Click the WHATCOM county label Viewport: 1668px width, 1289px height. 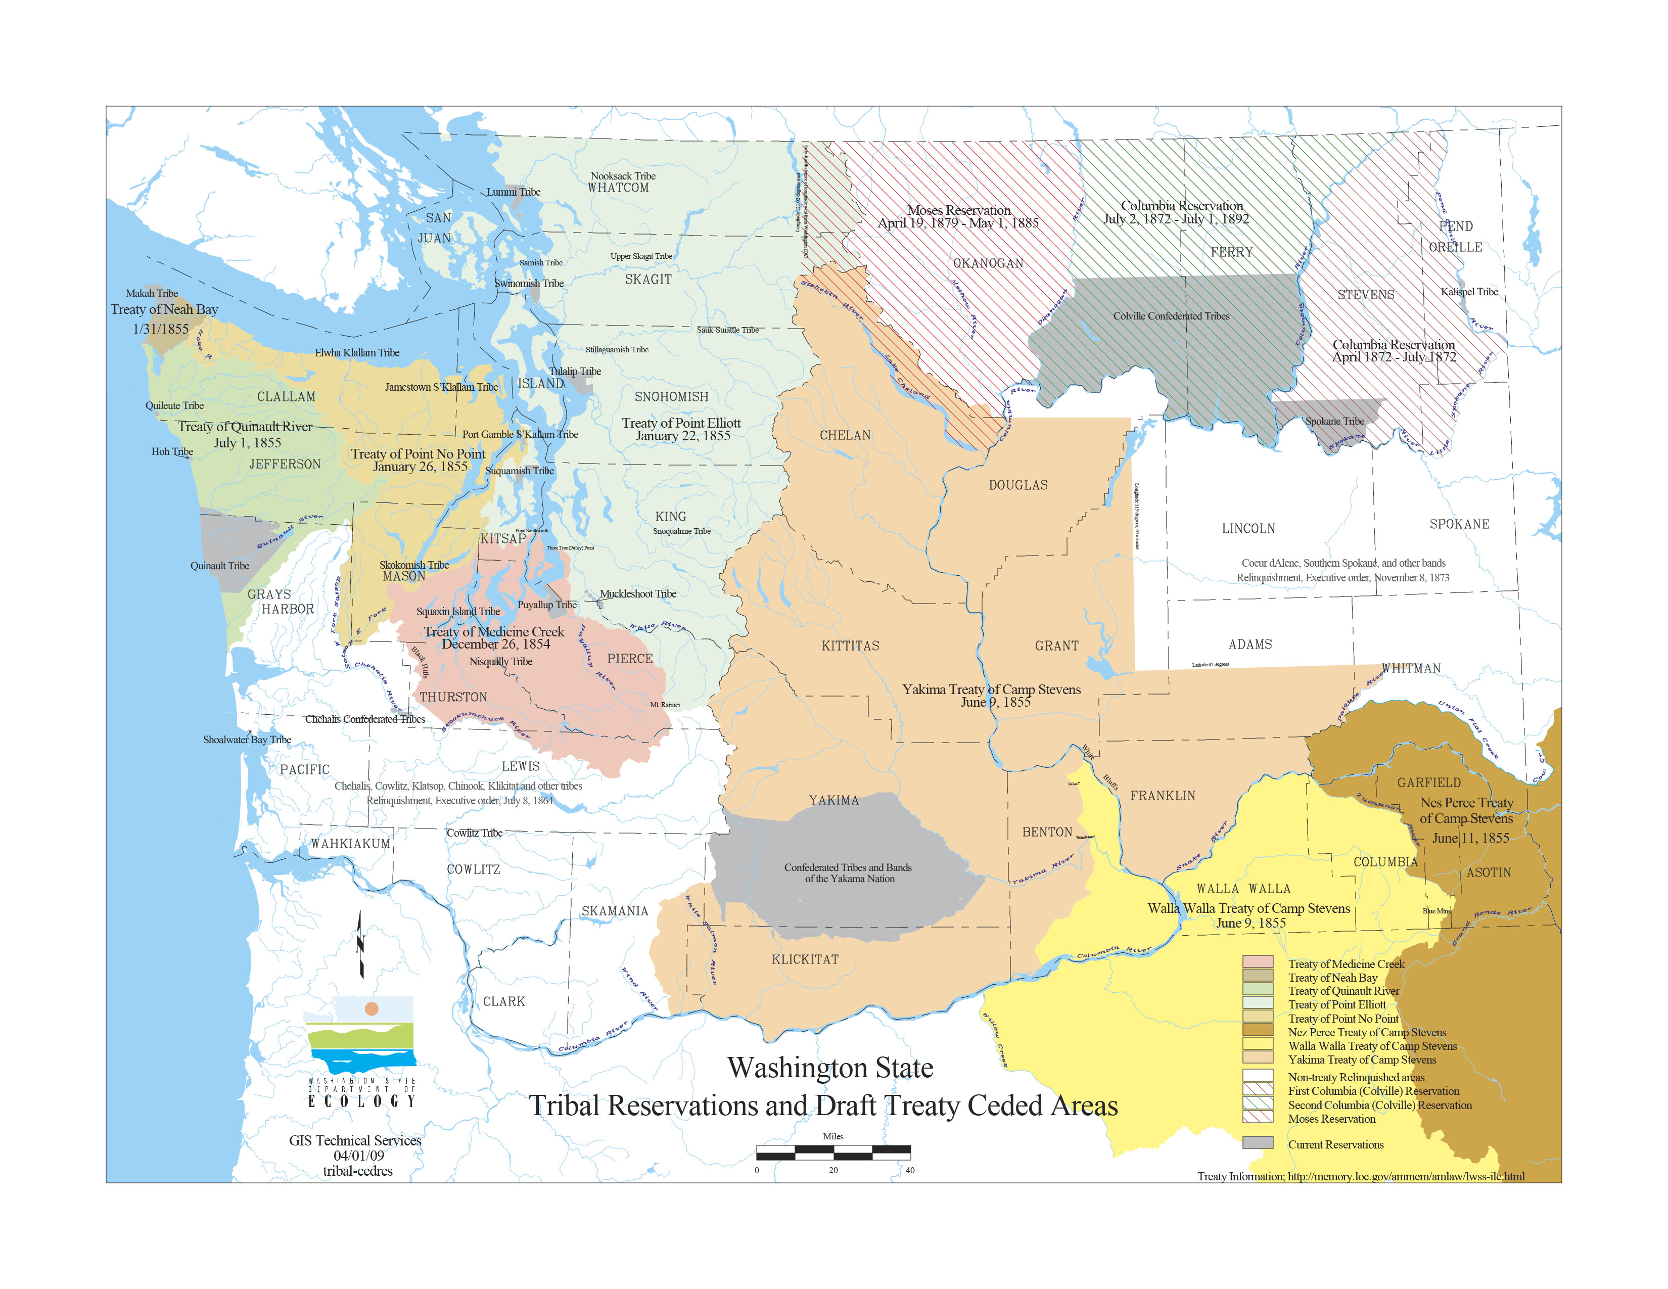click(x=618, y=188)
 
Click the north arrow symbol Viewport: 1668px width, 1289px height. click(x=360, y=945)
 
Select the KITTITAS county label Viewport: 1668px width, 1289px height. click(x=850, y=646)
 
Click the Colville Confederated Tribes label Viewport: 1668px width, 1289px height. click(x=1171, y=316)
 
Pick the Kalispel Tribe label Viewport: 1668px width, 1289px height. click(x=1469, y=292)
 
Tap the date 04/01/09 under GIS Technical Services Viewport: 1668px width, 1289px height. click(x=358, y=1156)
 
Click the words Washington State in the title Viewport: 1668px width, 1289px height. click(x=829, y=1068)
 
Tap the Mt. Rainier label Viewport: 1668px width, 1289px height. click(x=665, y=705)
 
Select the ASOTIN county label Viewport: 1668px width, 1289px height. click(x=1488, y=872)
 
